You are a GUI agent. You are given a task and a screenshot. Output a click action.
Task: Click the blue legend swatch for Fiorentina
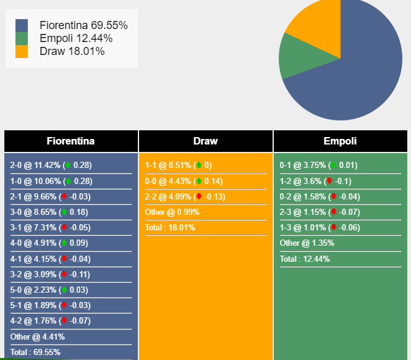pyautogui.click(x=22, y=25)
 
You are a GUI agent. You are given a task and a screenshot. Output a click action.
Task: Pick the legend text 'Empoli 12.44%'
pyautogui.click(x=76, y=38)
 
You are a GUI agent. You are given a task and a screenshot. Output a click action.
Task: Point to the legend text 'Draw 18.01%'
pyautogui.click(x=72, y=51)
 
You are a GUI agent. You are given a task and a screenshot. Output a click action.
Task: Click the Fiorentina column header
pyautogui.click(x=71, y=141)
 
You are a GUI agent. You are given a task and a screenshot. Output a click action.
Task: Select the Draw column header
pyautogui.click(x=205, y=141)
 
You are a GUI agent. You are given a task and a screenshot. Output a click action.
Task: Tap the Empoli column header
pyautogui.click(x=340, y=141)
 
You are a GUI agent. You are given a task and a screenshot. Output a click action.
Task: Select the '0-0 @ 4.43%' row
pyautogui.click(x=184, y=181)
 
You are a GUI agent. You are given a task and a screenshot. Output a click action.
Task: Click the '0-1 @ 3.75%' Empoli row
pyautogui.click(x=318, y=165)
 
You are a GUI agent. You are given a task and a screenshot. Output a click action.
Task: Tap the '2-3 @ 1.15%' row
pyautogui.click(x=318, y=212)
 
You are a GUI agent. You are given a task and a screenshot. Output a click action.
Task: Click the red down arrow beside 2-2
pyautogui.click(x=198, y=197)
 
